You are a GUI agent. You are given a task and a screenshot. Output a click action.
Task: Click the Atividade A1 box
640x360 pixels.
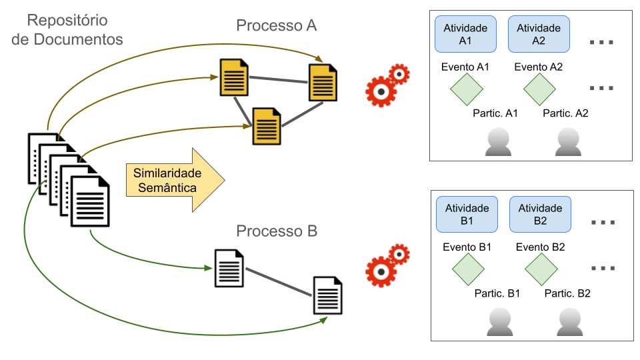465,35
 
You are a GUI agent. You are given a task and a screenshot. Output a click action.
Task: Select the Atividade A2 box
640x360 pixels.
539,35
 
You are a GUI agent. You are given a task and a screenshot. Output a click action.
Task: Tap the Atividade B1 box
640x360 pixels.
467,214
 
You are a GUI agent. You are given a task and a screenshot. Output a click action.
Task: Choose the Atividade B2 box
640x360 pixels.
540,214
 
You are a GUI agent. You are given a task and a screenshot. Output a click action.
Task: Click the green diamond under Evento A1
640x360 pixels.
465,89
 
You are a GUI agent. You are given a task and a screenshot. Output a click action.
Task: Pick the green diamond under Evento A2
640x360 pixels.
539,89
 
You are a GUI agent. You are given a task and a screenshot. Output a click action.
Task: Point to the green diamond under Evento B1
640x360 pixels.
467,269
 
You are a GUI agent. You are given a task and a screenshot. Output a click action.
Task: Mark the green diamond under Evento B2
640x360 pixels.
541,269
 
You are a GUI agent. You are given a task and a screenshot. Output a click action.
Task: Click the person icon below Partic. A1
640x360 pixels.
498,142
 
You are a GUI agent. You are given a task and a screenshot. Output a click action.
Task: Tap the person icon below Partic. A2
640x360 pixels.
568,142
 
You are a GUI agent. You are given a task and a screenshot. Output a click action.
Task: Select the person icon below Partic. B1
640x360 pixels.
500,321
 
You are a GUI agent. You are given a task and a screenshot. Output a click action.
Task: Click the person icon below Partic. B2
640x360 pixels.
570,321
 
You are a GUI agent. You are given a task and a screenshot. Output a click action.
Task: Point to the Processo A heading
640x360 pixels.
276,26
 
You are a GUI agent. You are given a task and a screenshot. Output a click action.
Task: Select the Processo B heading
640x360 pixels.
276,232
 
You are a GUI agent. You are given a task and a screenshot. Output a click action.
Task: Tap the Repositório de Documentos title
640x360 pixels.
68,29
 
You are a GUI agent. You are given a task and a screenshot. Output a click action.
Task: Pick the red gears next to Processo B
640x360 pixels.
387,265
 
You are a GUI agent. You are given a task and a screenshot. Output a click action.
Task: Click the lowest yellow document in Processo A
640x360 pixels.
266,126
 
